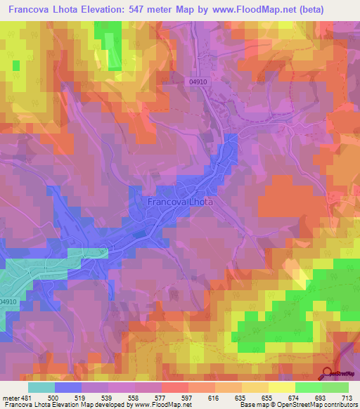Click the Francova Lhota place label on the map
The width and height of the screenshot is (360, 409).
(180, 201)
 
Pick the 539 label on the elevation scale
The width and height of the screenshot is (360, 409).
(109, 398)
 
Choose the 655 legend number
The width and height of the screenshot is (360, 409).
(269, 398)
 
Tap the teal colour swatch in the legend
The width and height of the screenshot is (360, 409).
(41, 387)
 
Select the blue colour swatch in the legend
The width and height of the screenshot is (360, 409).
(68, 387)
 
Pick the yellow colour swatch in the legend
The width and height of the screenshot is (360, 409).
(282, 387)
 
